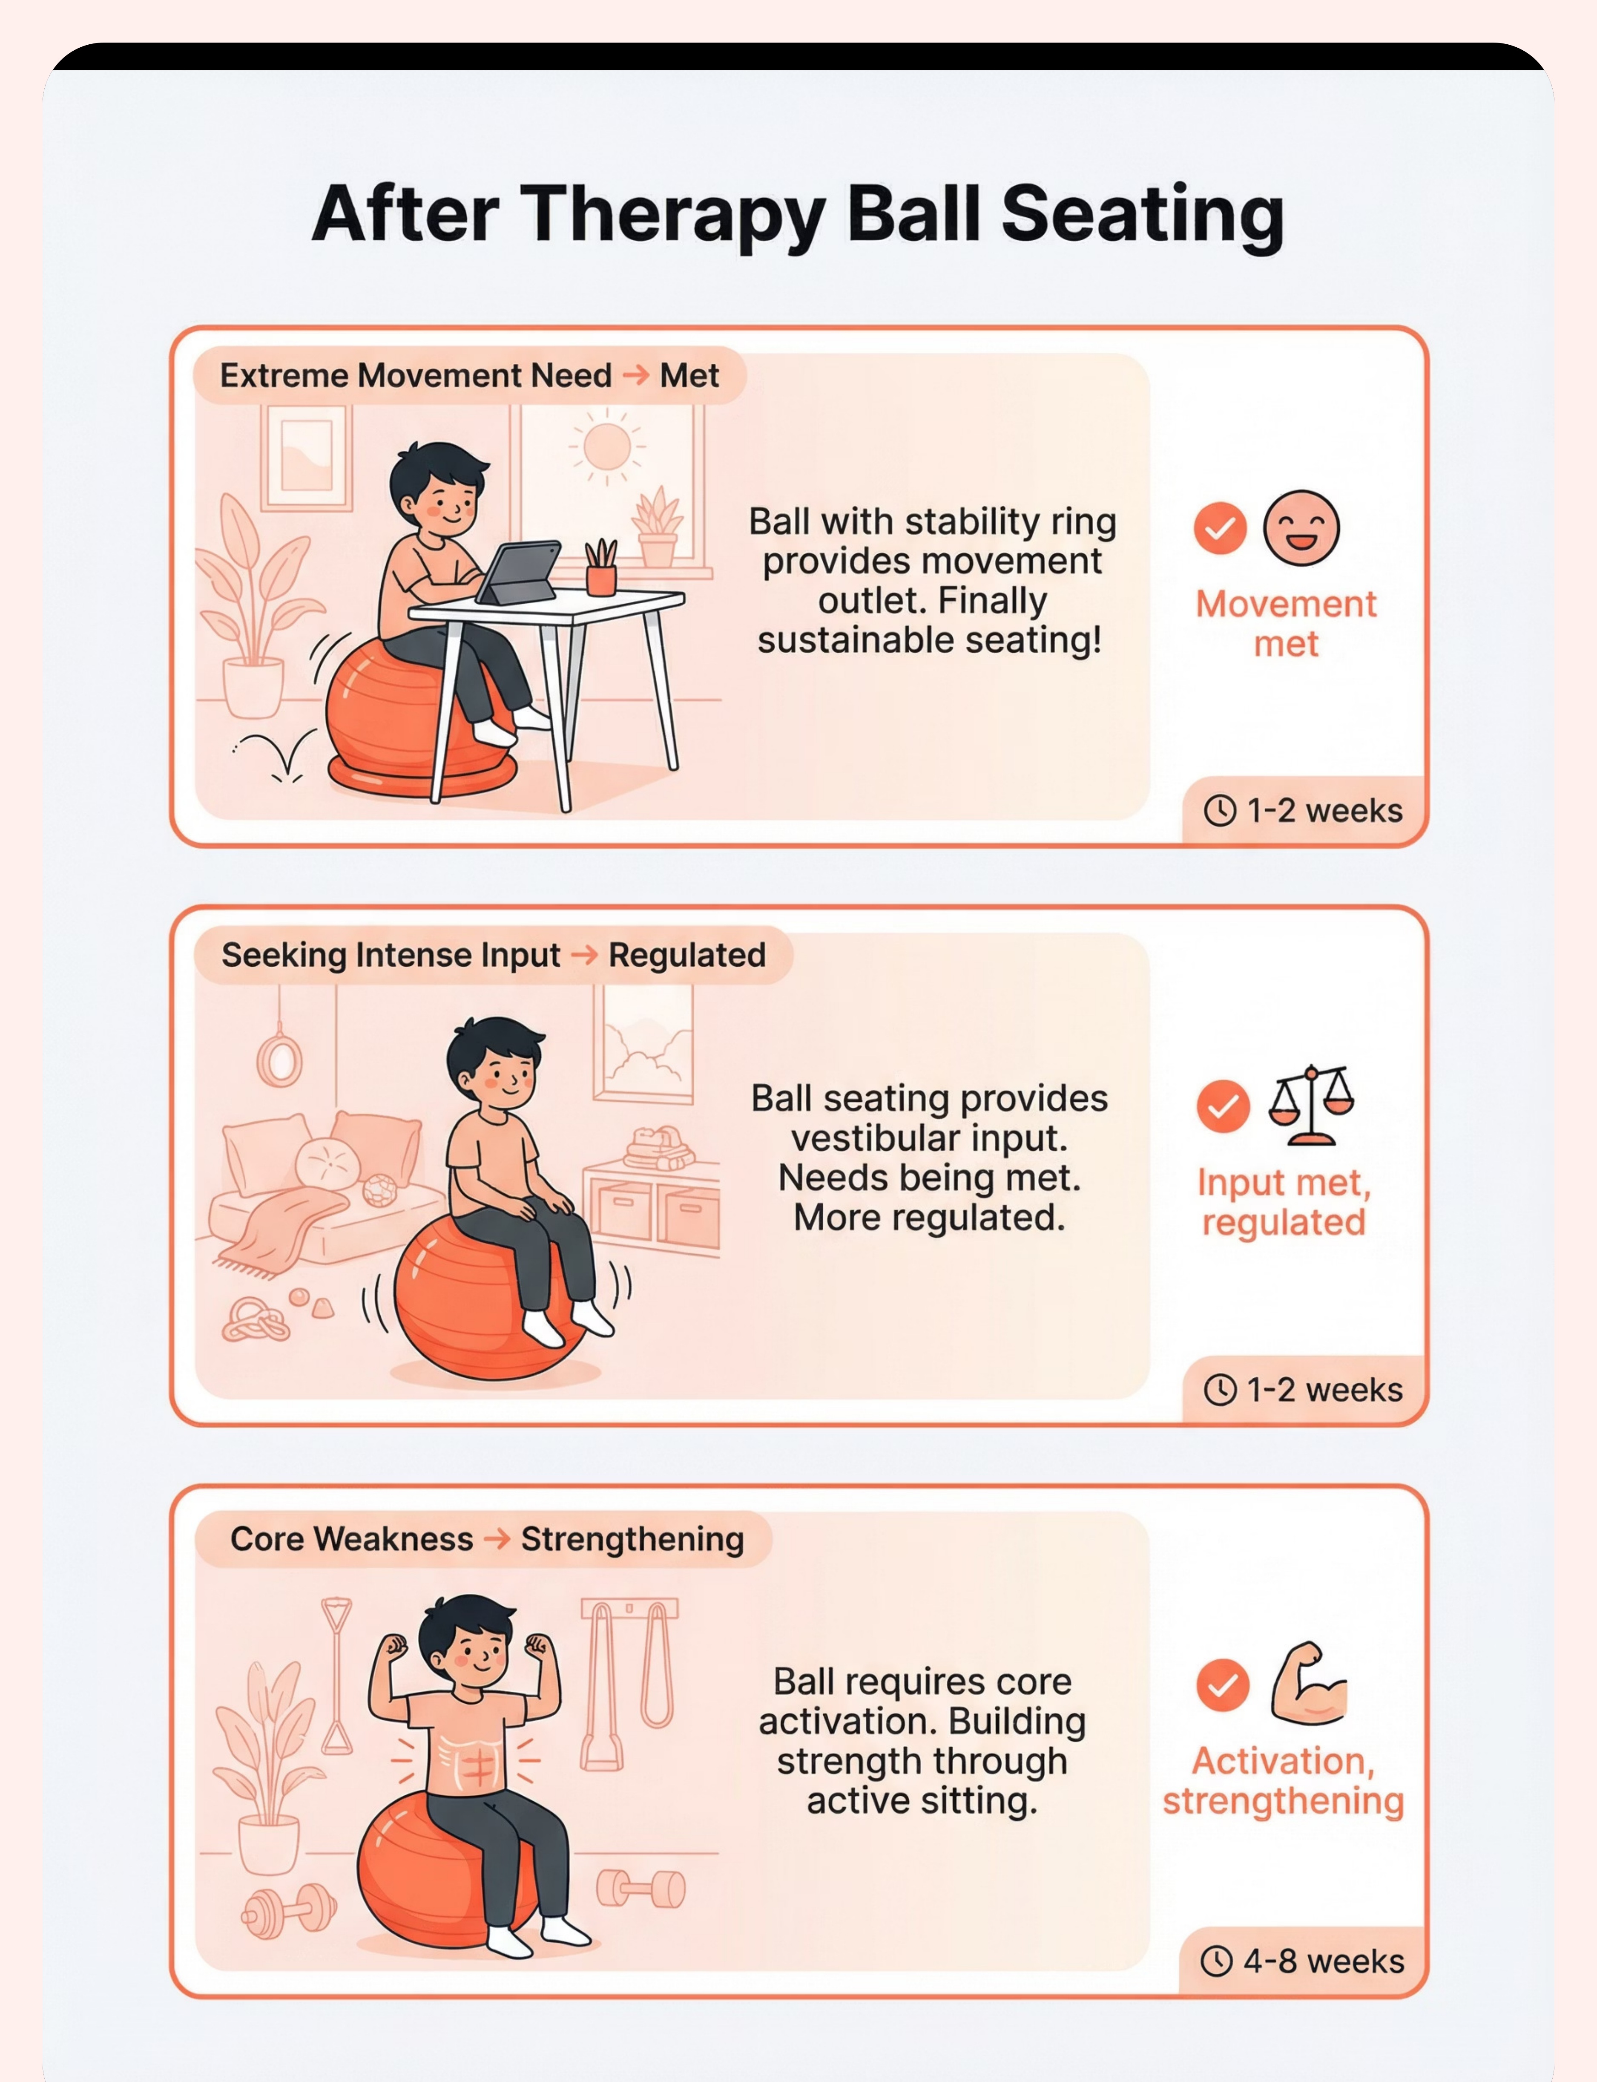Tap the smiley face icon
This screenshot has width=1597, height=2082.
point(1301,527)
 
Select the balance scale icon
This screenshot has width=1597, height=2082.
point(1311,1106)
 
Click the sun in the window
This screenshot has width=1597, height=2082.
point(606,447)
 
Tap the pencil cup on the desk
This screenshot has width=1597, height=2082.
point(601,568)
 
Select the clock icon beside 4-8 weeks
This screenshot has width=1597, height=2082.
point(1217,1961)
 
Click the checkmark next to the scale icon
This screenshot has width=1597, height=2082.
point(1223,1106)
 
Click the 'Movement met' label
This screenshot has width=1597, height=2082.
point(1286,624)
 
